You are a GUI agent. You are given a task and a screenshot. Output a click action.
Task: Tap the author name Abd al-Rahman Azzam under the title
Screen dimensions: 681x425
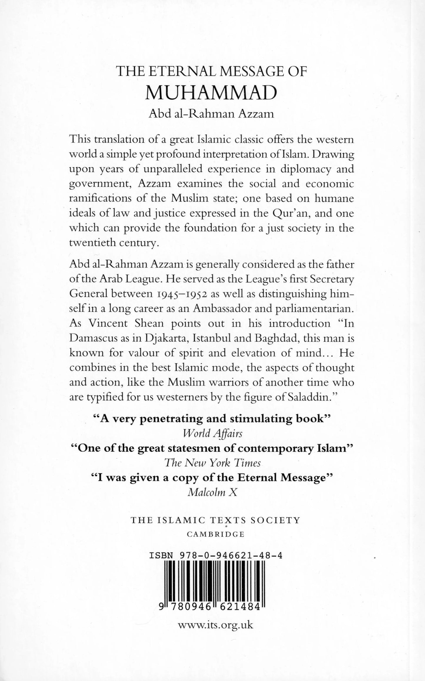(212, 114)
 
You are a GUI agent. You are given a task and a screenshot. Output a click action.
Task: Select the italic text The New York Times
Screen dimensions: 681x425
(212, 463)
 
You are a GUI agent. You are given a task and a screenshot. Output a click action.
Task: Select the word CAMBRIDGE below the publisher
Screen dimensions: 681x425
(216, 534)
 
